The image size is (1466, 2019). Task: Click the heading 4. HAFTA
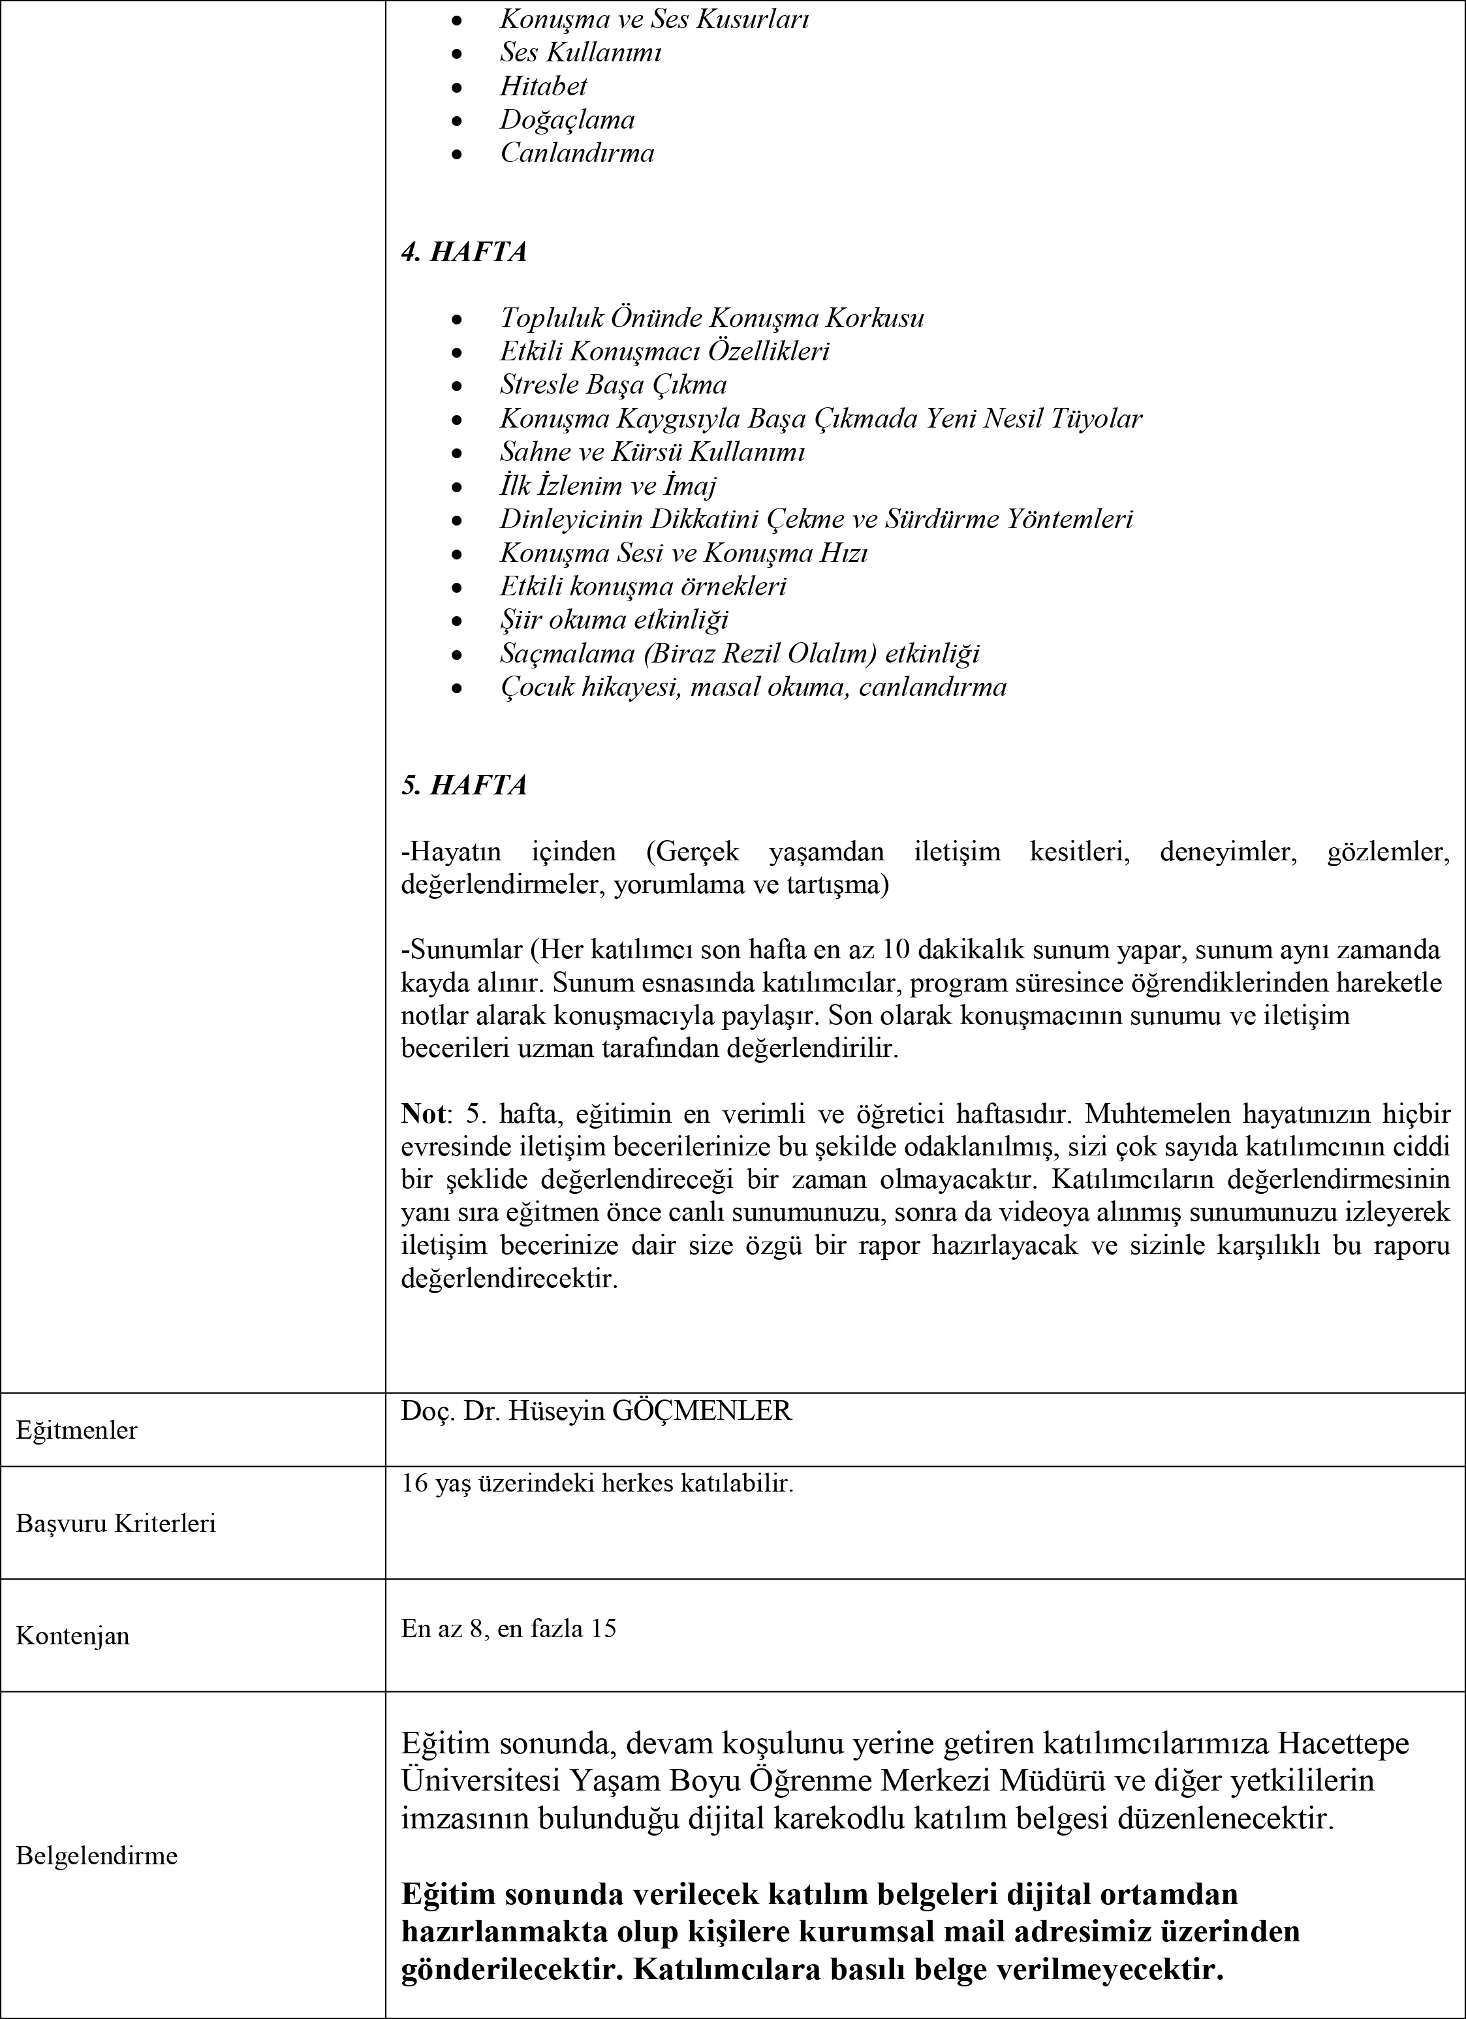click(463, 252)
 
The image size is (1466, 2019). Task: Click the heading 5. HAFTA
click(463, 785)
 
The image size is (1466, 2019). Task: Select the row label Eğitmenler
click(76, 1431)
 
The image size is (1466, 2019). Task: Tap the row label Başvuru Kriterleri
click(116, 1523)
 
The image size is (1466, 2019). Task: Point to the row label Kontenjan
click(73, 1635)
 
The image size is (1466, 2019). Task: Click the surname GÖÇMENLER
click(702, 1412)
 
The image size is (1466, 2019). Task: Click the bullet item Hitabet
click(543, 86)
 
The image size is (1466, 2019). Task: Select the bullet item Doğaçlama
click(567, 119)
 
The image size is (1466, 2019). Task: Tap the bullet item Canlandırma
click(577, 153)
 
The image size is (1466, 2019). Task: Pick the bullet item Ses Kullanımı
click(580, 52)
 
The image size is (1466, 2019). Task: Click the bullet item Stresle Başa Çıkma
click(614, 384)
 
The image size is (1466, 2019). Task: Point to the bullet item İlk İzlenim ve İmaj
click(608, 486)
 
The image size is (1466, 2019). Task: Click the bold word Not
click(424, 1114)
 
